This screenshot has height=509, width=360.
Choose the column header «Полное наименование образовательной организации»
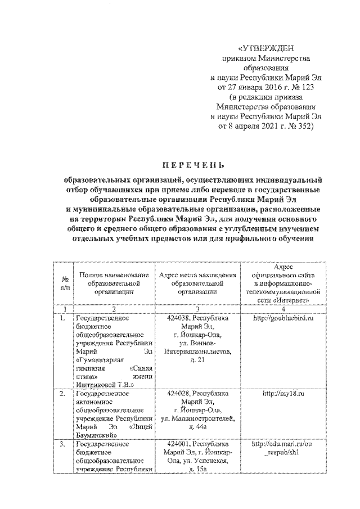(x=114, y=283)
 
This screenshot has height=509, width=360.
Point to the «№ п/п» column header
(x=65, y=283)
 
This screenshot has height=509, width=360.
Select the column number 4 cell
(x=282, y=309)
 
